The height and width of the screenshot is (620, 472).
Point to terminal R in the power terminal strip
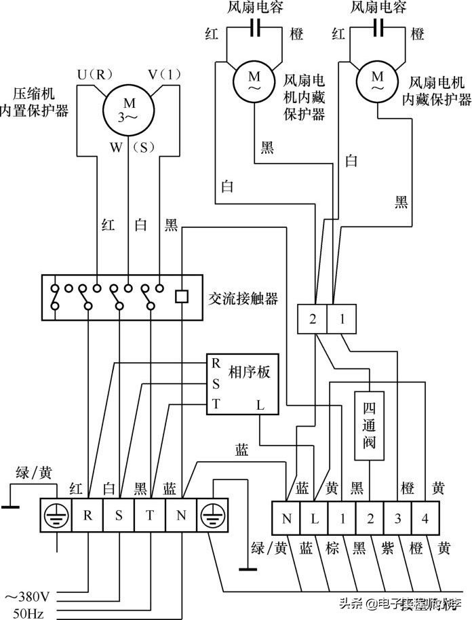(x=87, y=515)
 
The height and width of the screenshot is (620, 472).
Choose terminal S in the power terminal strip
(x=119, y=515)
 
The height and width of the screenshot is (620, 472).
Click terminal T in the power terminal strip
(x=149, y=515)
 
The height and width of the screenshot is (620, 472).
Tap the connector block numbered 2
(x=313, y=319)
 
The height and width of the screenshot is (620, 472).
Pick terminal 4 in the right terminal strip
(x=425, y=520)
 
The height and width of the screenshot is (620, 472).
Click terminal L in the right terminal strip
(x=315, y=520)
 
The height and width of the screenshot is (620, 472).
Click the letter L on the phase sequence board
(x=260, y=405)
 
